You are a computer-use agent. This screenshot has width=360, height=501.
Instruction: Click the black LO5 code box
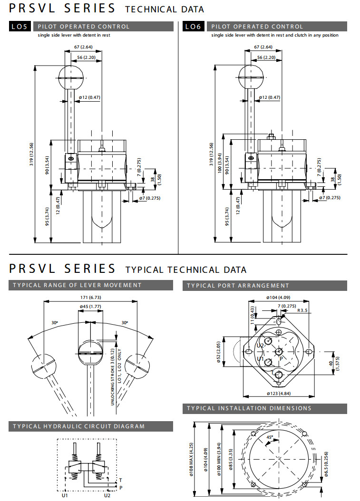tap(21, 27)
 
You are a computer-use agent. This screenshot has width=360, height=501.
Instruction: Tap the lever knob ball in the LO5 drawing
tap(70, 77)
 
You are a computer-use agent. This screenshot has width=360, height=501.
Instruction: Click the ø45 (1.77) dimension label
tap(90, 306)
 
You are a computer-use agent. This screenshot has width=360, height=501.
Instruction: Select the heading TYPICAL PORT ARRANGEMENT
tap(238, 286)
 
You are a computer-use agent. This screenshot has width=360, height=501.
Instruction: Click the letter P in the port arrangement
tap(282, 358)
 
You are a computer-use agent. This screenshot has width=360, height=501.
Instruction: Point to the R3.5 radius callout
tap(302, 310)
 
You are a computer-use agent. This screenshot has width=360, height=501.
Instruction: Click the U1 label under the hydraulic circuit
tap(65, 495)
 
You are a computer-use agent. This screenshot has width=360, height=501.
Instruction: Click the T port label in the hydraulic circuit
tap(120, 480)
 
